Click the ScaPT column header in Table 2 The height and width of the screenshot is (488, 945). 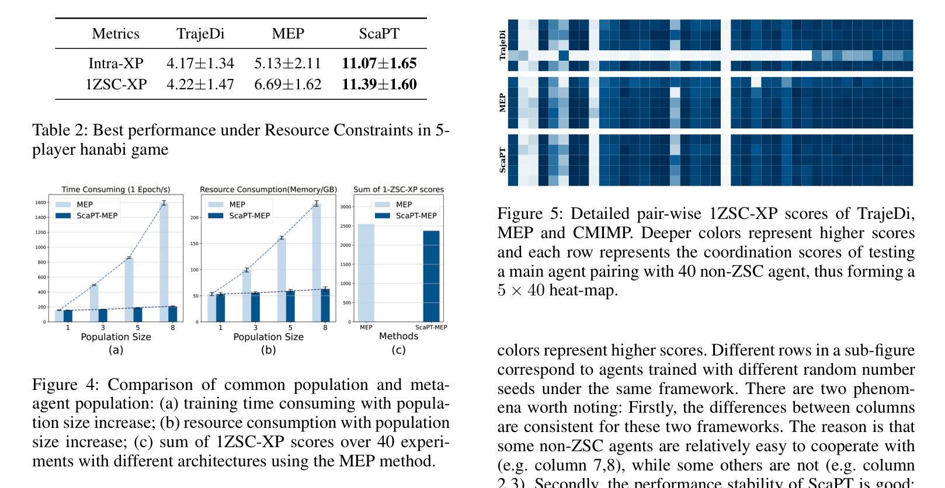[x=379, y=34]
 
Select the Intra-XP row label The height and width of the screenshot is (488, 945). [x=116, y=63]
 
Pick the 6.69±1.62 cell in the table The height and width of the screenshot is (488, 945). [x=287, y=85]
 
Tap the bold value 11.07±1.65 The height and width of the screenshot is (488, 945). [x=379, y=63]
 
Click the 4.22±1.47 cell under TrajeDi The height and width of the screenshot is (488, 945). [x=200, y=85]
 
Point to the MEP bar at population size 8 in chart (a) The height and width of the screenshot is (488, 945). [x=164, y=262]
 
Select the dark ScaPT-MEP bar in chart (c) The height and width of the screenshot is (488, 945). [x=431, y=276]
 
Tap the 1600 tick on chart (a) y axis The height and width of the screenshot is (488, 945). [x=40, y=203]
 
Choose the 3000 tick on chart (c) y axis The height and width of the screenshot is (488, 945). [x=345, y=207]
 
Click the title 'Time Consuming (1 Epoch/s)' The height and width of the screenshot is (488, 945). [x=116, y=190]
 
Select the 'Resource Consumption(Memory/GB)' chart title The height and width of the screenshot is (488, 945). [x=268, y=190]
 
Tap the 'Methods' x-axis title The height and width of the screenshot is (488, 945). [x=398, y=336]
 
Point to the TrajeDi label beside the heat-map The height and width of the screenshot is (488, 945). [x=503, y=46]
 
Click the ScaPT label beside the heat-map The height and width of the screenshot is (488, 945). [x=503, y=160]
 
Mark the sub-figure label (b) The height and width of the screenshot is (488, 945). [x=268, y=350]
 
